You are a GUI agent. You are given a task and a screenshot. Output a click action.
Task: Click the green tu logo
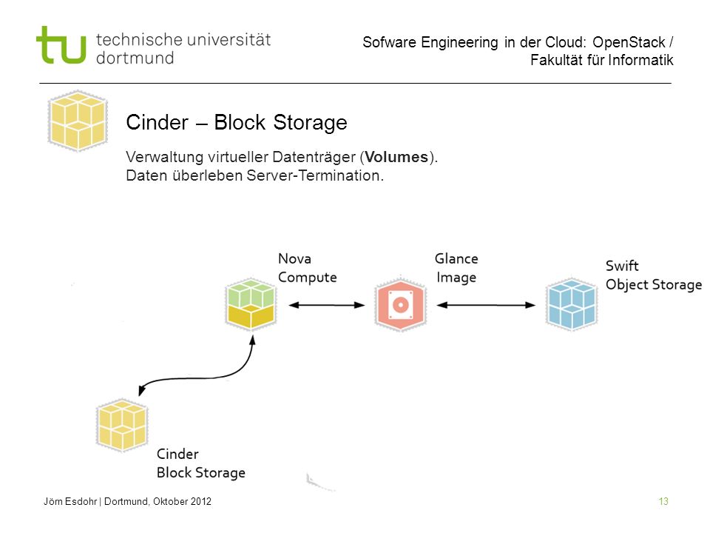(61, 44)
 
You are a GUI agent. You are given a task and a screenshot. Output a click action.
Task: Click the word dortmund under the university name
(135, 58)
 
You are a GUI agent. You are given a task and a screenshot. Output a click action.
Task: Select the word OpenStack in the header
(629, 42)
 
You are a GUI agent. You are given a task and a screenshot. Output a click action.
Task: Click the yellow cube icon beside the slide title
(78, 121)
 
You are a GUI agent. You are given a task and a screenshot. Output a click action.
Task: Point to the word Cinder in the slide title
(157, 122)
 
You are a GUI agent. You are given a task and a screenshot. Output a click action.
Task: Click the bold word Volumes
(396, 157)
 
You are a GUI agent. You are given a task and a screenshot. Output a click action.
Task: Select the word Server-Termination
(315, 175)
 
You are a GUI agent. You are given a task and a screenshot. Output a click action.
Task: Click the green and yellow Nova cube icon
(251, 304)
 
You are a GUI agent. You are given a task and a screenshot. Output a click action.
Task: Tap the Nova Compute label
(308, 268)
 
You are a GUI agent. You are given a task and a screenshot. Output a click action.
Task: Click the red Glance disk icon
(401, 304)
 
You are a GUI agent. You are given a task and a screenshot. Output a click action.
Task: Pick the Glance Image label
(456, 268)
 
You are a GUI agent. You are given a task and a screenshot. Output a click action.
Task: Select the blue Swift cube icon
(572, 304)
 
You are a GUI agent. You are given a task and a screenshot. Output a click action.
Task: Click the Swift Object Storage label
(654, 275)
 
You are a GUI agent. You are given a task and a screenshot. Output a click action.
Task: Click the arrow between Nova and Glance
(326, 305)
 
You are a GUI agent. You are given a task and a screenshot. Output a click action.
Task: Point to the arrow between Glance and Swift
(486, 305)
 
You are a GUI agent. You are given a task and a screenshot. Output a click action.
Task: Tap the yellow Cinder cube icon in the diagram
(122, 425)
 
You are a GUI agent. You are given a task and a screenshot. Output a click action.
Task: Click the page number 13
(663, 501)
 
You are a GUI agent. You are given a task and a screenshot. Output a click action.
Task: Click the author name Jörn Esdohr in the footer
(70, 501)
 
